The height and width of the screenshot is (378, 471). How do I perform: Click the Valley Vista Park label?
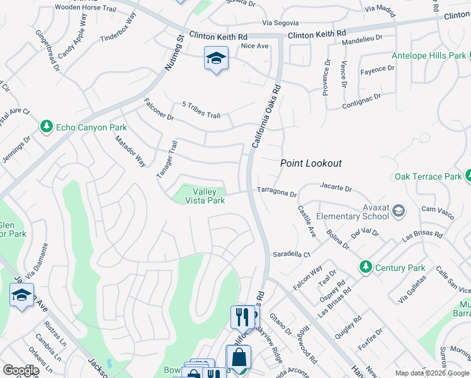205,196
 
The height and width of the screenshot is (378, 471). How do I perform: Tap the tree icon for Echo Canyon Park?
46,127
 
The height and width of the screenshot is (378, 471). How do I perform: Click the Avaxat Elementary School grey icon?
397,212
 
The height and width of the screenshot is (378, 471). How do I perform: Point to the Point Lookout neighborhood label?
311,163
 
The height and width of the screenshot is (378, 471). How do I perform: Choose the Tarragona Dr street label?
276,192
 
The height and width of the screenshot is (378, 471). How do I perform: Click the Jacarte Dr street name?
335,187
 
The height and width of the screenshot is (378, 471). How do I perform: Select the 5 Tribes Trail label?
201,110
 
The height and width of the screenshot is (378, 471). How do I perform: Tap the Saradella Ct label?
292,255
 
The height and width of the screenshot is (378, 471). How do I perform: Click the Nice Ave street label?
255,45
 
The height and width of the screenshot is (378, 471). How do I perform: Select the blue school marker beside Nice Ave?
216,59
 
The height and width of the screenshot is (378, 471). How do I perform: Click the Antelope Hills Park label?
428,55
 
